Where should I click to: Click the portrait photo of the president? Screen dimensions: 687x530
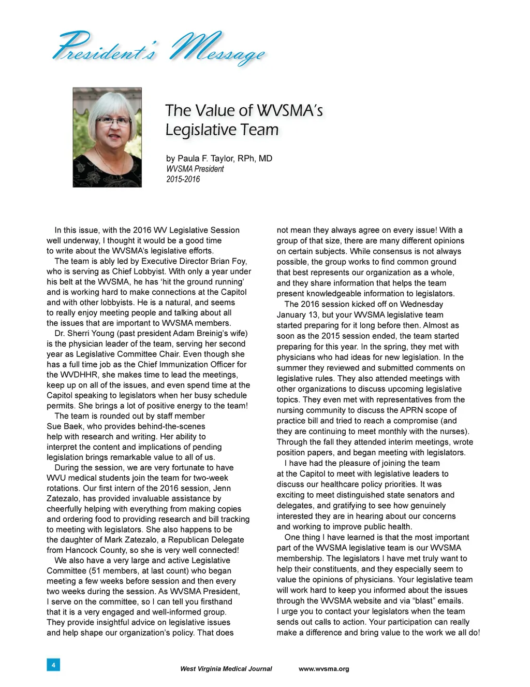pos(107,137)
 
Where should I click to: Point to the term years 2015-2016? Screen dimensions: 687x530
pos(183,179)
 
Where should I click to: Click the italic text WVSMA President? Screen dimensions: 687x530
pos(195,169)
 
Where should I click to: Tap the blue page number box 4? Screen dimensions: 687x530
pos(53,664)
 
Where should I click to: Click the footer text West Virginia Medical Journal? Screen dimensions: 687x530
pos(226,669)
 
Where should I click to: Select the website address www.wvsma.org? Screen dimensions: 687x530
pos(324,669)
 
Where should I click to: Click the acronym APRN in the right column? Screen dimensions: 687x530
pos(411,410)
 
